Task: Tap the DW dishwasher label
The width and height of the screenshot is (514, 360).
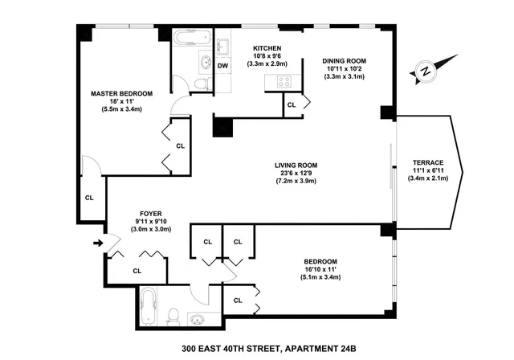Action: [x=223, y=65]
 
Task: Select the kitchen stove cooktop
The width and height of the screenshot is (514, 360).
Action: [x=284, y=80]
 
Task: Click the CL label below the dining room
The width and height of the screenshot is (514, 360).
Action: [x=292, y=104]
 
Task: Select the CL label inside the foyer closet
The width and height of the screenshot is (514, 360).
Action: [x=137, y=271]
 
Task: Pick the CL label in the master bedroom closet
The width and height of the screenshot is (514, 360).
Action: [x=181, y=146]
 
